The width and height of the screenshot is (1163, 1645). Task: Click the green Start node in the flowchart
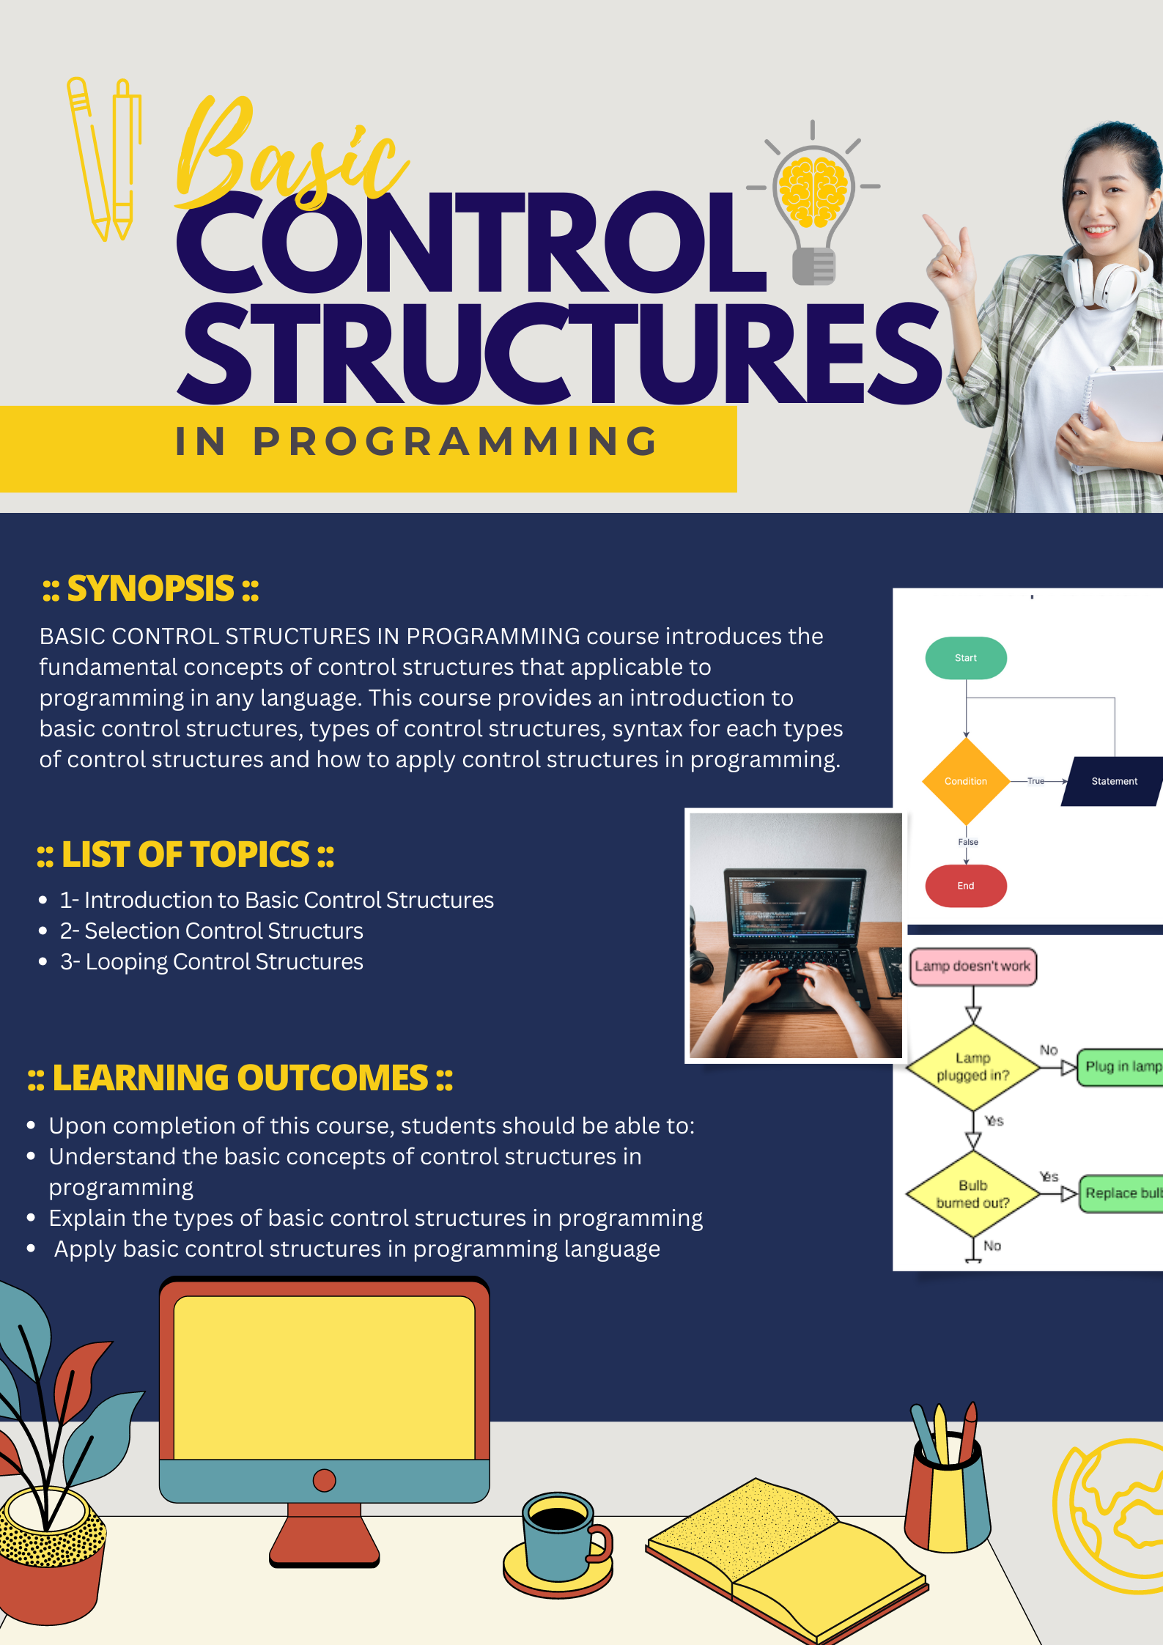pyautogui.click(x=965, y=657)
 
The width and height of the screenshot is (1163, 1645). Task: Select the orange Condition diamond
pyautogui.click(x=965, y=781)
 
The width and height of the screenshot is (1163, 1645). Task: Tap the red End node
pyautogui.click(x=965, y=885)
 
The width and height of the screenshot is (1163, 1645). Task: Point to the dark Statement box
pyautogui.click(x=1113, y=781)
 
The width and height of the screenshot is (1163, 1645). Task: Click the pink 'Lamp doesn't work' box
pyautogui.click(x=972, y=966)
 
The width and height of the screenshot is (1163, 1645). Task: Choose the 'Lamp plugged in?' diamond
pyautogui.click(x=972, y=1067)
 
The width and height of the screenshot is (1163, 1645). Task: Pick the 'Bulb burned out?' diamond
pyautogui.click(x=972, y=1194)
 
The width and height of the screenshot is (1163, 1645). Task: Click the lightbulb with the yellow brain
pyautogui.click(x=813, y=198)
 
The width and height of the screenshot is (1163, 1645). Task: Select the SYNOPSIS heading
pyautogui.click(x=150, y=589)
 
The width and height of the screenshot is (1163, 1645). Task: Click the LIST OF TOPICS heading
pyautogui.click(x=185, y=854)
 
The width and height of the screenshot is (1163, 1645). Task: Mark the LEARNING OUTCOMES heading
pyautogui.click(x=240, y=1078)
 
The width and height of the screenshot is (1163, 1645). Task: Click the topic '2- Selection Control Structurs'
pyautogui.click(x=212, y=931)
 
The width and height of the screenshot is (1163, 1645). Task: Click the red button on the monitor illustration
pyautogui.click(x=324, y=1480)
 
